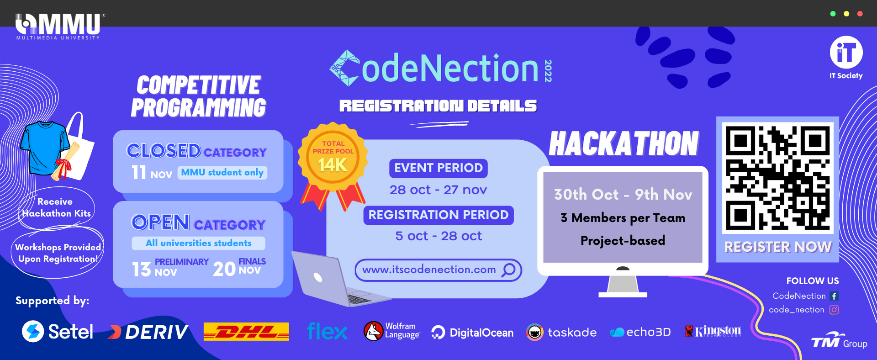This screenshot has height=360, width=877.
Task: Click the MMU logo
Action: tap(58, 26)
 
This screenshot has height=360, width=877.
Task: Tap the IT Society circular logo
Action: tap(846, 53)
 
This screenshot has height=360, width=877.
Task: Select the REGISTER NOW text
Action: tap(777, 247)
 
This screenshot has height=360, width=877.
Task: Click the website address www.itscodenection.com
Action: tap(429, 270)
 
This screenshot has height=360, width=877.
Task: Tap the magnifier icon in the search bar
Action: tap(508, 270)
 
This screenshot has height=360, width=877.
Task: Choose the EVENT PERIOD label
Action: tap(438, 168)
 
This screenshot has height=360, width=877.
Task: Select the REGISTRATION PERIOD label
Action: tap(438, 215)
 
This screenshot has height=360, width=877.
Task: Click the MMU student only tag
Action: tap(222, 173)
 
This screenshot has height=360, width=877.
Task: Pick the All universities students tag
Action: tap(198, 243)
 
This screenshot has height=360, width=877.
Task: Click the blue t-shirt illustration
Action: tap(45, 148)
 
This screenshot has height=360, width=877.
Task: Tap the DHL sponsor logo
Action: tap(246, 332)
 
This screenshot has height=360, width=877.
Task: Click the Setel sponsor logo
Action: tap(58, 332)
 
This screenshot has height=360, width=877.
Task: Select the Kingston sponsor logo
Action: tap(713, 331)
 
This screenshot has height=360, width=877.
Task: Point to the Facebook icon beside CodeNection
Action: tap(834, 296)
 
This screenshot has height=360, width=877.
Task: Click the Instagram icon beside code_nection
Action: tap(834, 310)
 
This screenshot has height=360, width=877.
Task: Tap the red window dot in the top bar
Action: tap(860, 14)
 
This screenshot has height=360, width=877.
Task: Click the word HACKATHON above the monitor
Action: tap(624, 144)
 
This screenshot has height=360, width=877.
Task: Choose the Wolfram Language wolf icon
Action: tap(373, 331)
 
